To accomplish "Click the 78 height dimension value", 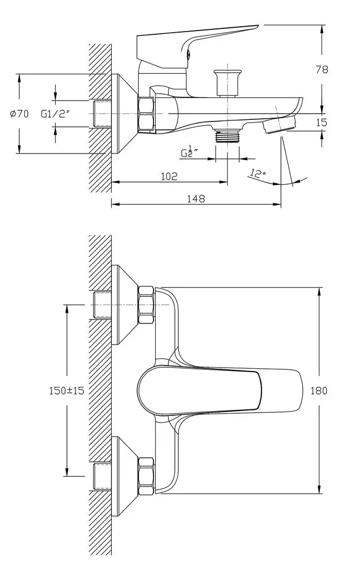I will [x=322, y=69].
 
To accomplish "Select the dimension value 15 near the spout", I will [x=321, y=123].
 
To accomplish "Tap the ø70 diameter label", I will [x=19, y=113].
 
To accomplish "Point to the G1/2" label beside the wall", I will [x=56, y=113].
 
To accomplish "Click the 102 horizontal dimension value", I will [x=169, y=176].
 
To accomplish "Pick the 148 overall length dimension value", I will [x=196, y=199].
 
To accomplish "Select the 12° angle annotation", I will [x=257, y=174].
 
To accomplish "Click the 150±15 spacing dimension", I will [x=66, y=391].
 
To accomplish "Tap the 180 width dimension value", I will [x=319, y=391].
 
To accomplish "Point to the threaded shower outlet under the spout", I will [x=227, y=136].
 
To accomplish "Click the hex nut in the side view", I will [x=145, y=115].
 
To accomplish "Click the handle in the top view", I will [x=214, y=390].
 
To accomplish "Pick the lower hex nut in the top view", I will [x=145, y=475].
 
